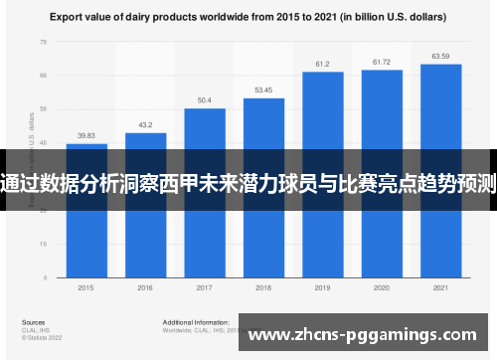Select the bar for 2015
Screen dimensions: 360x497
pos(86,229)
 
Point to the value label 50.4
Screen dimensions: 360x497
pos(204,100)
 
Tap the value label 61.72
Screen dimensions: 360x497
pos(382,62)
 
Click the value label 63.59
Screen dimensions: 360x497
pos(440,56)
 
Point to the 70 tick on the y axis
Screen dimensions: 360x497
pos(43,42)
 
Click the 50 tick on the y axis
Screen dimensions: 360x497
pos(43,109)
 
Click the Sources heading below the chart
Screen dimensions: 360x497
pos(33,322)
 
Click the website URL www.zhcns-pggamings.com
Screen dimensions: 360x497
pos(363,336)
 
